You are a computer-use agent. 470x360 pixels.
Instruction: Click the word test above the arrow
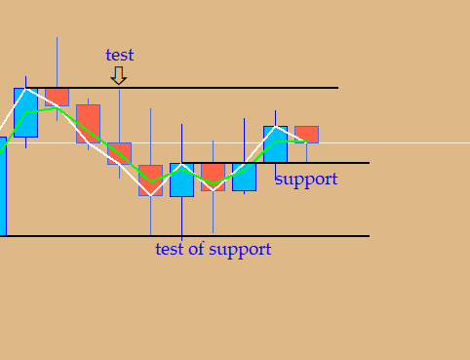point(120,55)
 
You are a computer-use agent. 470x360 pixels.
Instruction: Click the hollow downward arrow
point(119,75)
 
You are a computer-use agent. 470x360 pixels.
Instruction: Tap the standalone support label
point(306,180)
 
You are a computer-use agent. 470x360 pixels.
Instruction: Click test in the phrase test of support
point(170,249)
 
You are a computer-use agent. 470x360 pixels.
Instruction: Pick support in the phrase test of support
point(240,250)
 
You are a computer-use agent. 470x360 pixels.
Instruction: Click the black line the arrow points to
point(182,88)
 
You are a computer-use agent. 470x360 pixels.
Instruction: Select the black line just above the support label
point(276,163)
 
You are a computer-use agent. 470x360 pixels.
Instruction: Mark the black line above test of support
point(184,236)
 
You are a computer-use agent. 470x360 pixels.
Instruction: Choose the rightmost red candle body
point(306,135)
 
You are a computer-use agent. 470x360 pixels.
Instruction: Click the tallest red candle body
point(88,124)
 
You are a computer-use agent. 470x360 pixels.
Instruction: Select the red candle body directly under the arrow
point(119,153)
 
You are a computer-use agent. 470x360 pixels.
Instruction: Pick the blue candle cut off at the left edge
point(3,186)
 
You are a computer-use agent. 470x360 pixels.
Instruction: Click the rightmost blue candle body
point(275,144)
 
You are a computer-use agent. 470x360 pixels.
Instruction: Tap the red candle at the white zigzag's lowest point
point(150,180)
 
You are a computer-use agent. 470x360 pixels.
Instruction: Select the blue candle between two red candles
point(181,180)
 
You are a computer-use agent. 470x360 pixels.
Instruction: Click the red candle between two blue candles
point(213,177)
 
